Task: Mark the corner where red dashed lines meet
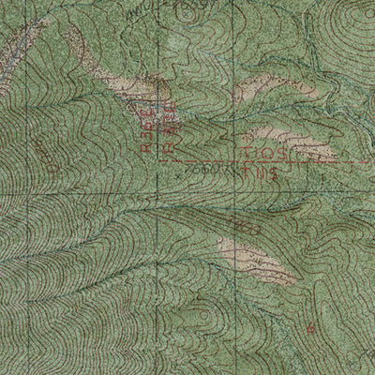coord(159,161)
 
